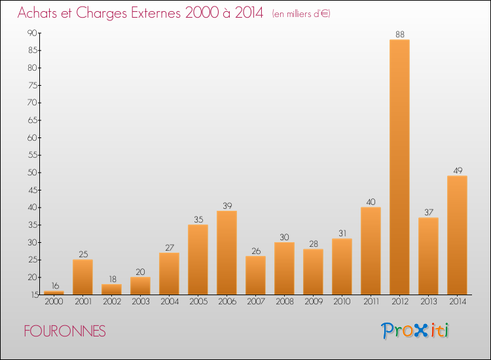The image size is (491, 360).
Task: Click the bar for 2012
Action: (399, 167)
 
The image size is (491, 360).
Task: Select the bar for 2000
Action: (54, 293)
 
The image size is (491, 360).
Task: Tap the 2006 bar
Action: (227, 253)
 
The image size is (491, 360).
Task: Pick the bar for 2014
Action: (457, 235)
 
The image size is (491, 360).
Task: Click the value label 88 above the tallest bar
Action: (399, 34)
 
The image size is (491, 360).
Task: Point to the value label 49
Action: (457, 170)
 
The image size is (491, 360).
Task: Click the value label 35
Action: (198, 219)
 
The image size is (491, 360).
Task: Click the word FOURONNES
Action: (64, 331)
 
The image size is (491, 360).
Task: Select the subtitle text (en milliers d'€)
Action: (300, 14)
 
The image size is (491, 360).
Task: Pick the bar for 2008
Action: (284, 268)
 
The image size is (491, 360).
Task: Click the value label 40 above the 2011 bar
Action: (371, 202)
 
